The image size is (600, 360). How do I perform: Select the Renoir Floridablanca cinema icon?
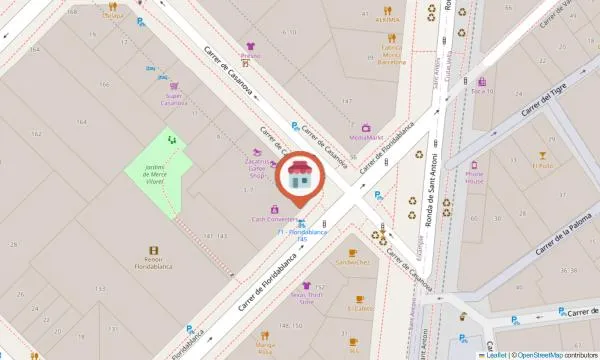(x=153, y=251)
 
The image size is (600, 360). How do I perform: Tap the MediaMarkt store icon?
(x=366, y=127)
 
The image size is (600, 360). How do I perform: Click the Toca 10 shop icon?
(x=483, y=81)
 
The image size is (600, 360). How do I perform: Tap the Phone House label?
(x=474, y=178)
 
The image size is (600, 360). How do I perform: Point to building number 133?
(x=100, y=288)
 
